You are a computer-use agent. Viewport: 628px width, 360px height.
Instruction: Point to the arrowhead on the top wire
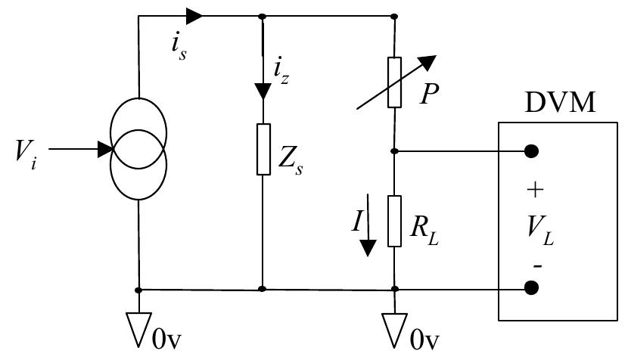click(194, 15)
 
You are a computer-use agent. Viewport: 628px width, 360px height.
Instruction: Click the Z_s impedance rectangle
click(262, 149)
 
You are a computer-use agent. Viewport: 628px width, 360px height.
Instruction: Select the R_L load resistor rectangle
click(394, 220)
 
